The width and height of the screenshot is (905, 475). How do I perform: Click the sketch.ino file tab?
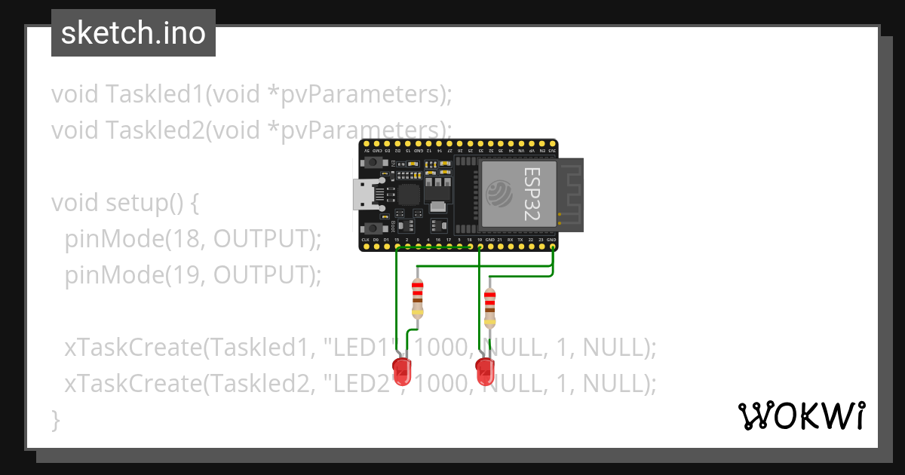[x=133, y=33]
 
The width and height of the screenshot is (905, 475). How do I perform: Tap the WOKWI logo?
[x=802, y=415]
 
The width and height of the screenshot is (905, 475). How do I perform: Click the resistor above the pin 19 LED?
[x=490, y=308]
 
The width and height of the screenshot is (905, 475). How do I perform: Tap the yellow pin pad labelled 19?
[x=480, y=246]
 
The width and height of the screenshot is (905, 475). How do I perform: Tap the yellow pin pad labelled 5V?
[x=367, y=143]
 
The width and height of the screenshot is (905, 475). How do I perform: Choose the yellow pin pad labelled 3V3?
[x=552, y=143]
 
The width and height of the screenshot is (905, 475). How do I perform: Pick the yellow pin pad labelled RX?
[x=511, y=246]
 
